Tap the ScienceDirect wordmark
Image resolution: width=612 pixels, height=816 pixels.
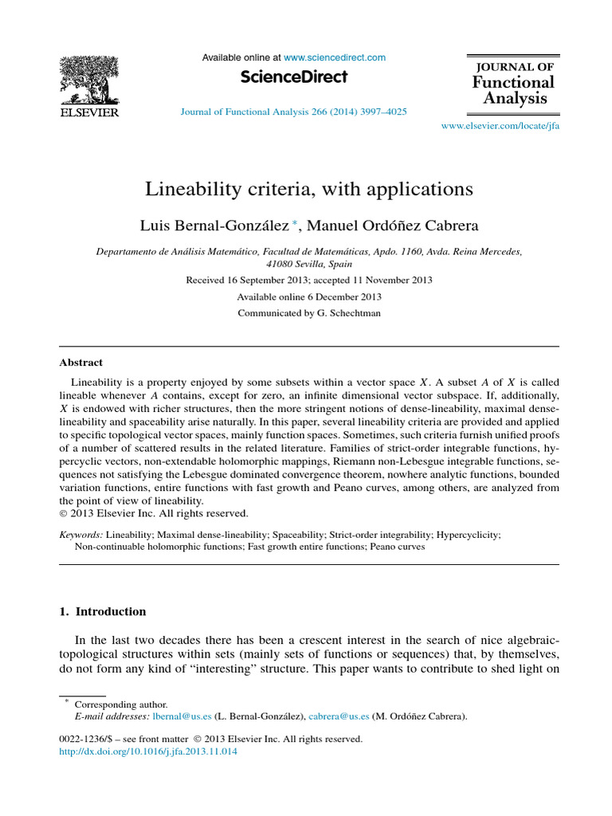point(293,77)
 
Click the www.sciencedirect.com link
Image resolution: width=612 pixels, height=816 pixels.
point(334,57)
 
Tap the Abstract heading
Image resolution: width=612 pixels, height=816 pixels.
point(80,362)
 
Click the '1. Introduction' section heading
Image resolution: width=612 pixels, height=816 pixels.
point(103,612)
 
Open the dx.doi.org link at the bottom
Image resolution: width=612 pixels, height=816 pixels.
point(149,751)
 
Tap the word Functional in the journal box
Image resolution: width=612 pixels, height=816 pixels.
point(512,82)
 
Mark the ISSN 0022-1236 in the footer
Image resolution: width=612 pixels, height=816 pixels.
point(83,739)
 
